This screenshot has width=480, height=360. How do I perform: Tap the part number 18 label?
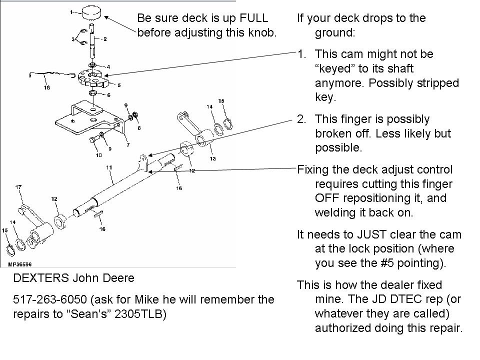(46, 87)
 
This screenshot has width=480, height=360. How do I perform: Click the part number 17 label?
(18, 187)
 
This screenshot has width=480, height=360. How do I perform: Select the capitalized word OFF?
(326, 198)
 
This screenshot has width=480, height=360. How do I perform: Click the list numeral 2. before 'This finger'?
(301, 119)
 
